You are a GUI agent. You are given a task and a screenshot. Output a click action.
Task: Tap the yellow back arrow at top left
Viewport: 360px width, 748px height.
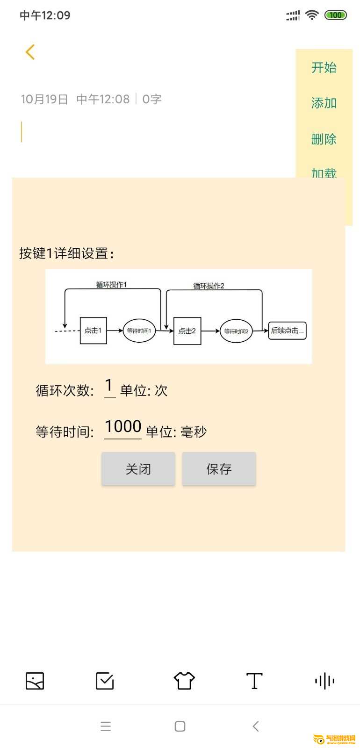click(30, 52)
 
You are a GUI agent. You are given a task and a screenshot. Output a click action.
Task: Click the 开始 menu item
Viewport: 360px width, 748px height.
click(324, 67)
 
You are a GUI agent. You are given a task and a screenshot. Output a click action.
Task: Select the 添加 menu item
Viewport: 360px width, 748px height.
click(324, 103)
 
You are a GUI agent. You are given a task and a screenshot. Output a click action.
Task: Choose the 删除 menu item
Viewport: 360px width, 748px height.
click(324, 139)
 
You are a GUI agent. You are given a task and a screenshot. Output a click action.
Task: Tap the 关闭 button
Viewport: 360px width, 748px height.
click(138, 468)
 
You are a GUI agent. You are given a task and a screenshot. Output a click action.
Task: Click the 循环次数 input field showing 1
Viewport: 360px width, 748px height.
click(109, 388)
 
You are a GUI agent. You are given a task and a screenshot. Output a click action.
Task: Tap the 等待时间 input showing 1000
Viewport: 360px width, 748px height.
click(123, 428)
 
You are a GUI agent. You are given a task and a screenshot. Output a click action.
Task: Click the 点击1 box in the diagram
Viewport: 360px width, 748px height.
click(93, 331)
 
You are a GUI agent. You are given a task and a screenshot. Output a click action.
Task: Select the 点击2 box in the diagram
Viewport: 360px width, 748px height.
click(187, 331)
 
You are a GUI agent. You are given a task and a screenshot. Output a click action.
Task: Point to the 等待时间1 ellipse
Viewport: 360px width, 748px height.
click(139, 331)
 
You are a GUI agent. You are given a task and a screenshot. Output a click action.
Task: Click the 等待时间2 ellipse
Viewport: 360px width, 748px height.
click(236, 331)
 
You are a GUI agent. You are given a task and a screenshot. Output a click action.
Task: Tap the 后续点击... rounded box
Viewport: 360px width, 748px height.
click(287, 331)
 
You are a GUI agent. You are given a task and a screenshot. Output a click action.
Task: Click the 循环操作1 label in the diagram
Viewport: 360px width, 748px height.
click(111, 285)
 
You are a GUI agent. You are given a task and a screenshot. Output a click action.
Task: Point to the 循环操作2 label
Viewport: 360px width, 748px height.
click(209, 286)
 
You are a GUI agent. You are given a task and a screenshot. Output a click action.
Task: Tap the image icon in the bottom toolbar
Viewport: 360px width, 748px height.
click(35, 681)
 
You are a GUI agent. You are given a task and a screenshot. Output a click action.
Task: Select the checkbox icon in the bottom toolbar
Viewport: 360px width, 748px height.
click(105, 681)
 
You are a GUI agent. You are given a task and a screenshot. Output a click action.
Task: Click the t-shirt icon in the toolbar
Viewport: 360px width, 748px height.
click(184, 681)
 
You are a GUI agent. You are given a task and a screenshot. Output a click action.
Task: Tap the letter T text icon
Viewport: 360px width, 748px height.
click(254, 681)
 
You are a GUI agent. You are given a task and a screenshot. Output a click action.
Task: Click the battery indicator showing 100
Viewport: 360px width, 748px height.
click(336, 15)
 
